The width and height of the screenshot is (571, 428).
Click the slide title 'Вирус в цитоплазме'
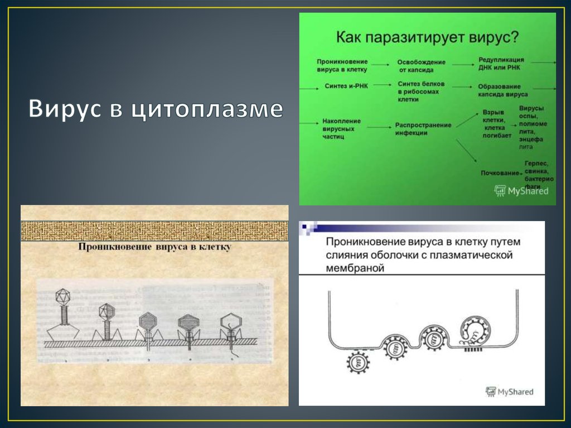tap(156, 109)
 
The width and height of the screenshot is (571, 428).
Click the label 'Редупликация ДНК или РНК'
tap(501, 64)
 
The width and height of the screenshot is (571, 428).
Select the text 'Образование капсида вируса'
tap(502, 90)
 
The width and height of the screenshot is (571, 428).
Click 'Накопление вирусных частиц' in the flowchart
tap(341, 128)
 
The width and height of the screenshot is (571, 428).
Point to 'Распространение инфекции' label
tap(423, 129)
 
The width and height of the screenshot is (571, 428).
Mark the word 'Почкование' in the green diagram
tap(500, 173)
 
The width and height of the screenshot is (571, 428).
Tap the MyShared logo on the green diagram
tap(521, 191)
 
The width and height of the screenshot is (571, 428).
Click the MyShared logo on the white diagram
tap(510, 392)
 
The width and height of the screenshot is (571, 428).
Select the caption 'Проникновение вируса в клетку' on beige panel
tap(154, 246)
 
